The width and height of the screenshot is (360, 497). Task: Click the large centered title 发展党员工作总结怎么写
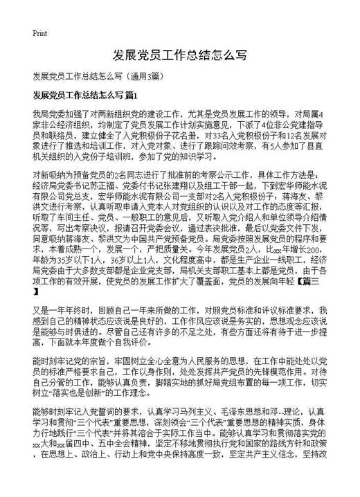[x=179, y=55]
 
